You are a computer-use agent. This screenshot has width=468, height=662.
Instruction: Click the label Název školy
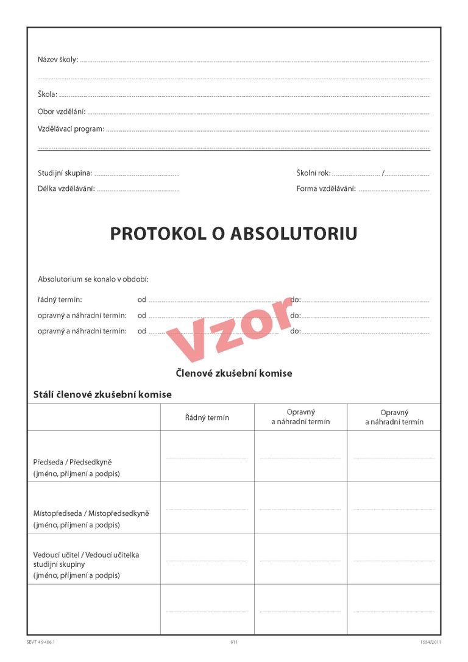[x=58, y=60]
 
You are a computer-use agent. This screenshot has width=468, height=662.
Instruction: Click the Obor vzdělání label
[x=62, y=112]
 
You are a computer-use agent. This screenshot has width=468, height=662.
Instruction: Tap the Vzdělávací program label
[x=71, y=129]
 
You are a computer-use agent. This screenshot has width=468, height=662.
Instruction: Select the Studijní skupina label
[x=65, y=173]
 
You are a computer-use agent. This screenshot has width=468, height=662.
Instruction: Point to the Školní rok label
[x=313, y=173]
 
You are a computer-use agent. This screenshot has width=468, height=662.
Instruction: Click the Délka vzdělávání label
[x=66, y=189]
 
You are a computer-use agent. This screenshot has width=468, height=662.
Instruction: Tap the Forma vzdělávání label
[x=326, y=189]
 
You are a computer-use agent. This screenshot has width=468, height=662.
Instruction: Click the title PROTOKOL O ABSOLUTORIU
[x=233, y=234]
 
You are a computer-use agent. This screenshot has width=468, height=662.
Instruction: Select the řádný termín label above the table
[x=60, y=300]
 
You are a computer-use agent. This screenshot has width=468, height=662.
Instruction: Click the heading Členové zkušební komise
[x=234, y=373]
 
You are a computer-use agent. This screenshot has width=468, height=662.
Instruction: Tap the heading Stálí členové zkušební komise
[x=102, y=394]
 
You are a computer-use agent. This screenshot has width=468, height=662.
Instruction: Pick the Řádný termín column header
[x=207, y=418]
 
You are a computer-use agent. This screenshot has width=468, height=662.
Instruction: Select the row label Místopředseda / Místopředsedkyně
[x=91, y=513]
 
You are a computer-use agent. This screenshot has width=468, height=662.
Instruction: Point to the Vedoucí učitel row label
[x=86, y=555]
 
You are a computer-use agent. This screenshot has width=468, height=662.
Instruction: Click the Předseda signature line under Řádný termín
[x=207, y=458]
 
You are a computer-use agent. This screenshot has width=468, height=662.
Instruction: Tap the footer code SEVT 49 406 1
[x=45, y=642]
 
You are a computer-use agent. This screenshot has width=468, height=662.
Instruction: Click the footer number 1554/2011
[x=430, y=642]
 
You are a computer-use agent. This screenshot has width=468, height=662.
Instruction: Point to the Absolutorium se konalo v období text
[x=93, y=279]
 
